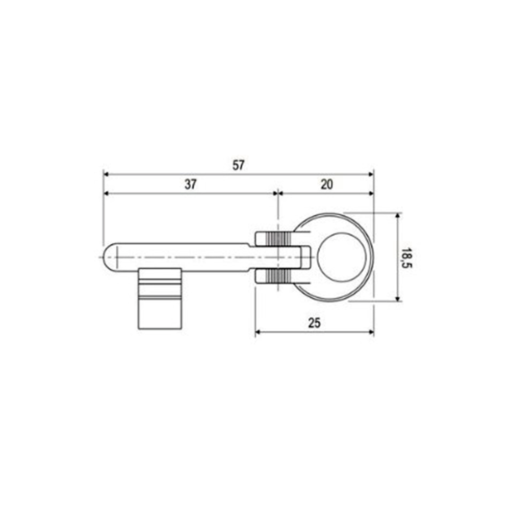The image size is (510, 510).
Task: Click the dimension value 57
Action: (238, 165)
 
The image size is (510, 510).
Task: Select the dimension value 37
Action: (190, 185)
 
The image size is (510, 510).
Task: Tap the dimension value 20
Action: (326, 185)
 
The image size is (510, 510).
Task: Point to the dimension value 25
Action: (315, 322)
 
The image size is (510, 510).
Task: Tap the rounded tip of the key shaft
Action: (110, 257)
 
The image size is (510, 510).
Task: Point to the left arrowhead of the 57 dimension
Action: (107, 174)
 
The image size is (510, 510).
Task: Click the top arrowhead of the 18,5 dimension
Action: (397, 216)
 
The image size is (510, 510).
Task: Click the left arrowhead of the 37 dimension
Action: (107, 193)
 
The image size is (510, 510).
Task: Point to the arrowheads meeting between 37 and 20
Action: (277, 193)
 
